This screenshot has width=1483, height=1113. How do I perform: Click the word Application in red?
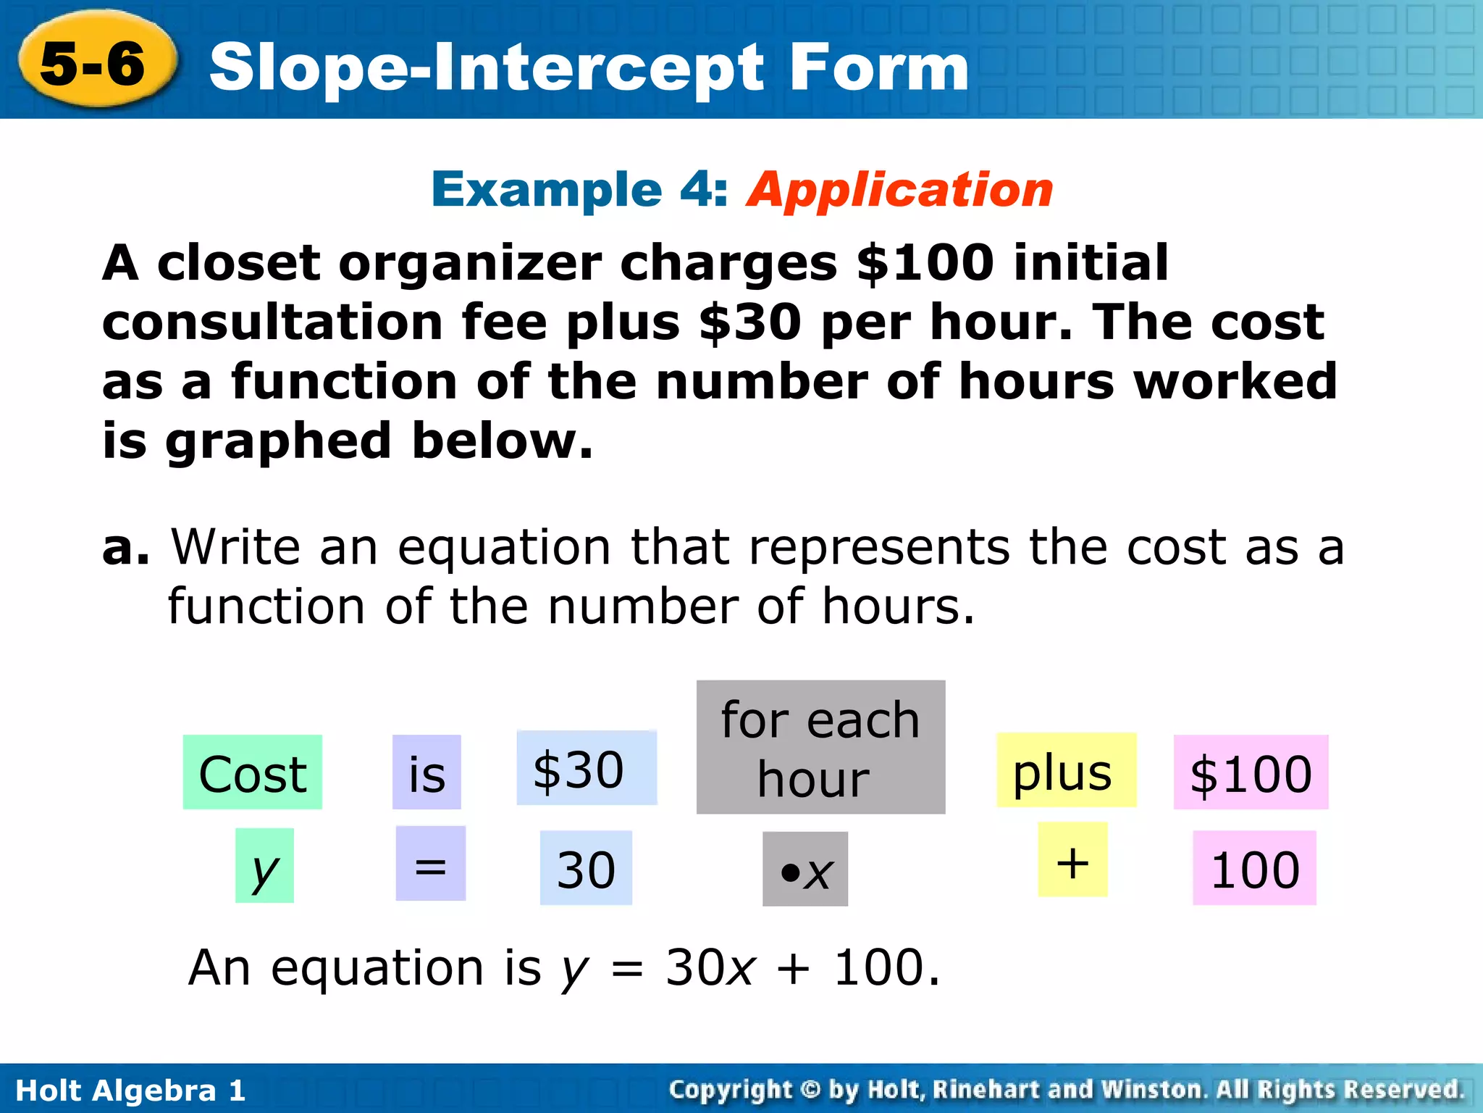[899, 190]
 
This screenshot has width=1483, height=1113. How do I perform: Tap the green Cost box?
[252, 772]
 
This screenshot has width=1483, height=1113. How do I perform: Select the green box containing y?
[264, 866]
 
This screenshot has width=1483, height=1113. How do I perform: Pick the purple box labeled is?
[427, 772]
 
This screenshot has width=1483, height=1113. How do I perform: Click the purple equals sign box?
[430, 864]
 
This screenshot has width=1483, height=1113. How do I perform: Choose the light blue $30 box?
[587, 768]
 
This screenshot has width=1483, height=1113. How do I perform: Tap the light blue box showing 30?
[586, 868]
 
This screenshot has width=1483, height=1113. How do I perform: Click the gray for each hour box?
[820, 747]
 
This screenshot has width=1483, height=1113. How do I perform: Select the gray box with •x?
[805, 870]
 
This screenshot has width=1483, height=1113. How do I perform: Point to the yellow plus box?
[1066, 770]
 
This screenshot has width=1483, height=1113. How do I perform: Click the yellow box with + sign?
[1072, 860]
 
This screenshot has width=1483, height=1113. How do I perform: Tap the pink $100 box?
[1251, 772]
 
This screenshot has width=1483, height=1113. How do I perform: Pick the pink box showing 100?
[1254, 868]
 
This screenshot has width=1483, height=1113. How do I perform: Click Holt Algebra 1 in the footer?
[130, 1090]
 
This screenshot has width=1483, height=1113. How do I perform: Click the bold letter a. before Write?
[125, 548]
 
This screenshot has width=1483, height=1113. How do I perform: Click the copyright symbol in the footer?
[810, 1090]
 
